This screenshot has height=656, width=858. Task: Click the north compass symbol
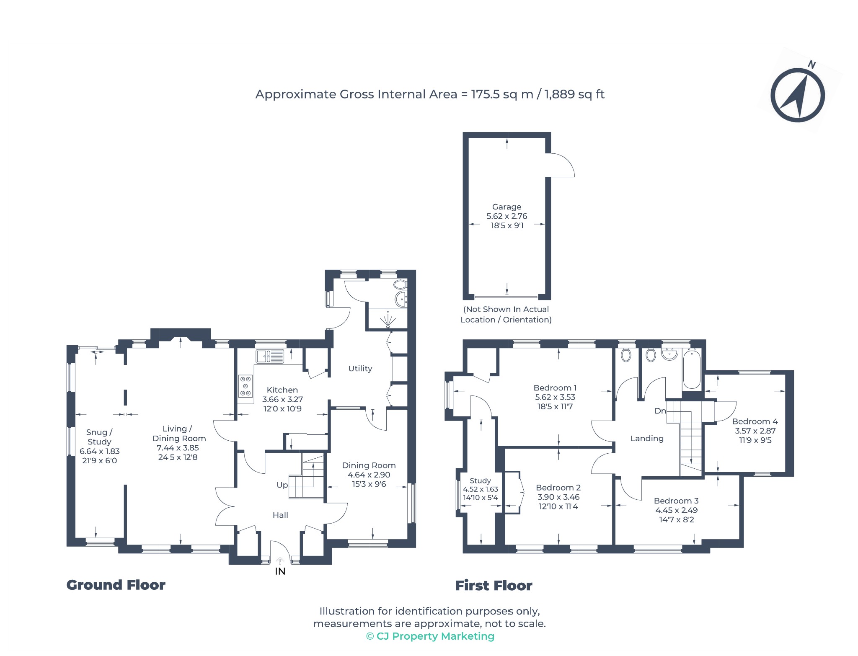click(x=798, y=95)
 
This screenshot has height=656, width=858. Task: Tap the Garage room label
click(x=507, y=207)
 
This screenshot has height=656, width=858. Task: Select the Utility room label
click(x=360, y=369)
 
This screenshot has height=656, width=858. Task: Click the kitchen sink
click(x=270, y=356)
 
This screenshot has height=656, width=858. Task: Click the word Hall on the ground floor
click(x=280, y=515)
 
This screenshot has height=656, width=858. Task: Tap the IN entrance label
click(x=280, y=571)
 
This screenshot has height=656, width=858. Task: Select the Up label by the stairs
click(x=282, y=485)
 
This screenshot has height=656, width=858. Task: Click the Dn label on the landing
click(x=660, y=411)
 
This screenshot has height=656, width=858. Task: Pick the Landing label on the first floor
click(x=647, y=439)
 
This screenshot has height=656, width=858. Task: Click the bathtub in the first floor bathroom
click(x=692, y=370)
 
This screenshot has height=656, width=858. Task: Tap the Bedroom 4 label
click(x=755, y=421)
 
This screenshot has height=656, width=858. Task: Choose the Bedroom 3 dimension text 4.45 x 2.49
click(x=677, y=510)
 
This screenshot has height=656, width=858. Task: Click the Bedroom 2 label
click(x=558, y=488)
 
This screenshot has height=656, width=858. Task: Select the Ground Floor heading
click(x=116, y=585)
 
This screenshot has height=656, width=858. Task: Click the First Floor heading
click(x=494, y=586)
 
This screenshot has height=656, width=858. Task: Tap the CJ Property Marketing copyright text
click(x=430, y=636)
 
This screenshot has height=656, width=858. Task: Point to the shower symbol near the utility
click(x=388, y=320)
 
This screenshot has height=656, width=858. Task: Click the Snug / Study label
click(x=99, y=437)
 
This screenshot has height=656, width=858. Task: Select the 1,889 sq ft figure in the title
click(x=574, y=94)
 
